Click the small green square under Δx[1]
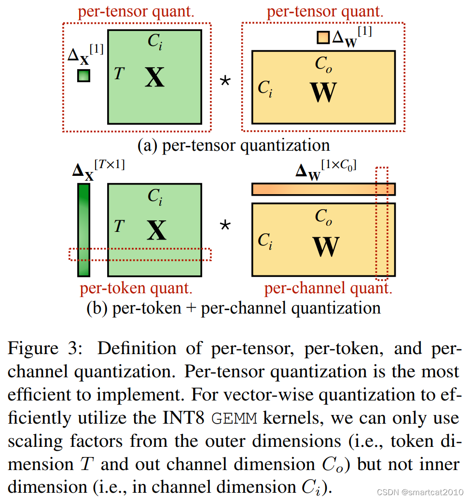[x=84, y=76]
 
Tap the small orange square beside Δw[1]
[x=323, y=37]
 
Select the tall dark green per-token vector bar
[x=84, y=230]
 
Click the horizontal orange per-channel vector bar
[x=323, y=189]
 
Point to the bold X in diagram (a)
[x=155, y=77]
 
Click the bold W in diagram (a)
[x=323, y=92]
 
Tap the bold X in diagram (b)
[x=156, y=230]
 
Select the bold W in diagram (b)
[x=326, y=246]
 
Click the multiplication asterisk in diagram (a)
[x=225, y=81]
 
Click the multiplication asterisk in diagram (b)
[x=225, y=225]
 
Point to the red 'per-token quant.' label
[x=136, y=288]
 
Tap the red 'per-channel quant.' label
[x=328, y=288]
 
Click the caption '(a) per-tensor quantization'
[x=234, y=146]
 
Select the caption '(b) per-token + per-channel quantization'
[x=234, y=309]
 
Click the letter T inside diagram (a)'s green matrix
[x=119, y=73]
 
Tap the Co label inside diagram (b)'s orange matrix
[x=323, y=217]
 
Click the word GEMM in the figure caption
[x=234, y=418]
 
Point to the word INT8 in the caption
[x=183, y=418]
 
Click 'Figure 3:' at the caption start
[x=45, y=348]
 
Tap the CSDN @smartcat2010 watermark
[x=420, y=492]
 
